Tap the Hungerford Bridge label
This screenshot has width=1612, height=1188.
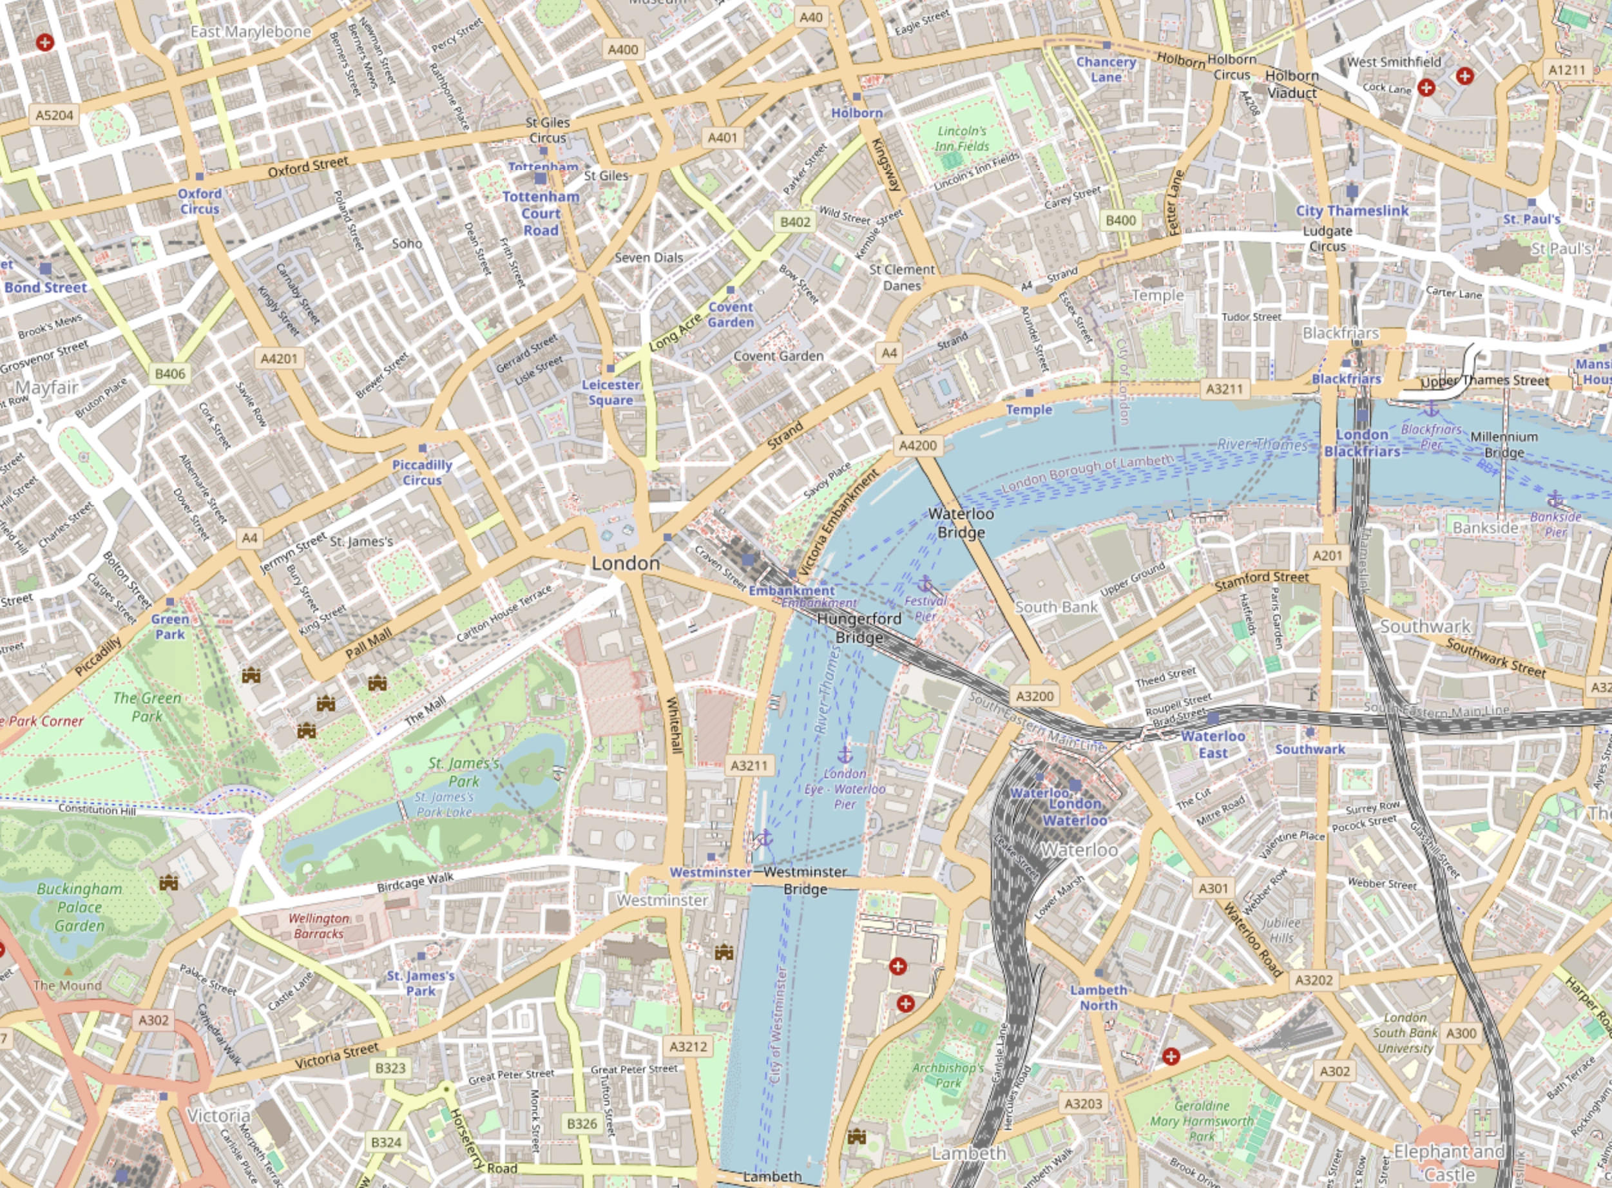(x=859, y=628)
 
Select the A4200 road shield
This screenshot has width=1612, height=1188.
(x=918, y=445)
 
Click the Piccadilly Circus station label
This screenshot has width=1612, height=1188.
(x=422, y=472)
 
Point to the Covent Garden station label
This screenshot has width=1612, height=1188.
(x=731, y=314)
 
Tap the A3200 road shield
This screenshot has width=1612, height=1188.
(x=1035, y=695)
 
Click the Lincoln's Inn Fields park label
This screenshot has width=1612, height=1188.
(x=962, y=139)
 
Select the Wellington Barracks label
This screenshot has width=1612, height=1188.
(x=318, y=926)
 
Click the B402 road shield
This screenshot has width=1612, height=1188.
(x=795, y=222)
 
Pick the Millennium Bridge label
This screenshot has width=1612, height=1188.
(x=1504, y=445)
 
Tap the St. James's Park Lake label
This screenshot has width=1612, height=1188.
(x=444, y=804)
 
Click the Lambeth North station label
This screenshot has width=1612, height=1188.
(x=1098, y=997)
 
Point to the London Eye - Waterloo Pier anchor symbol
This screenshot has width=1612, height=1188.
(x=845, y=754)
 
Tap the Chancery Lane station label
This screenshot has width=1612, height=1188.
(x=1106, y=70)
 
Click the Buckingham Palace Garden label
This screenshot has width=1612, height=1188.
(x=79, y=907)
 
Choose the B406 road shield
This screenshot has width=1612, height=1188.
(x=170, y=373)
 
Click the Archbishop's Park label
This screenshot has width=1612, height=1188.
(x=948, y=1075)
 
